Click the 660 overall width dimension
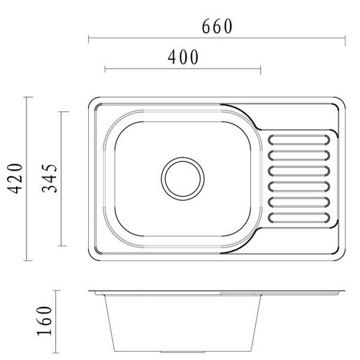click(x=217, y=26)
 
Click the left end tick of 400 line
click(x=104, y=69)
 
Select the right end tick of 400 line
click(x=261, y=69)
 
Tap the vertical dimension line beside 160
click(x=62, y=319)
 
